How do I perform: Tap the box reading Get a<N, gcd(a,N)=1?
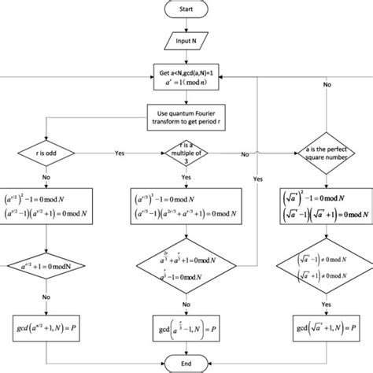[x=187, y=78]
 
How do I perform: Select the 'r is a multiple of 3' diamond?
[x=187, y=153]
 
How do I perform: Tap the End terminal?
[x=187, y=362]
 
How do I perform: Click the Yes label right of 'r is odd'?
[x=120, y=154]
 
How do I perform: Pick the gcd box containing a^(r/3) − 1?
[x=187, y=324]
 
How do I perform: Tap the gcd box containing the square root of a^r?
[x=323, y=324]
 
